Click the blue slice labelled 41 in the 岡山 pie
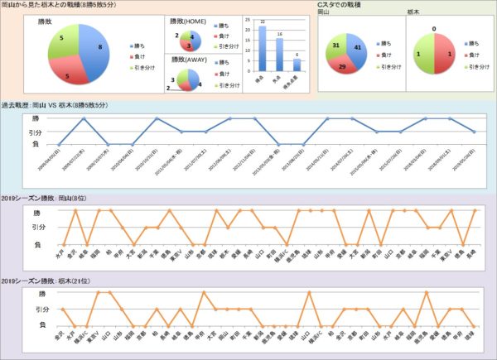[x=367, y=50]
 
